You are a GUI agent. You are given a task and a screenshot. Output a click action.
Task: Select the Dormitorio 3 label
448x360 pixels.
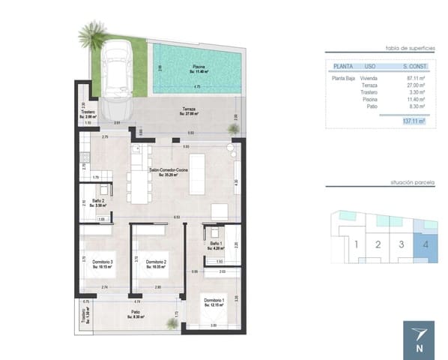pos(102,262)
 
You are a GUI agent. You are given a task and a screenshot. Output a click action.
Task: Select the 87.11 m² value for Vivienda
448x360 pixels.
pos(414,78)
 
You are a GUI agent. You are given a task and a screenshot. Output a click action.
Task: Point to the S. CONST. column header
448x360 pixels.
pos(412,66)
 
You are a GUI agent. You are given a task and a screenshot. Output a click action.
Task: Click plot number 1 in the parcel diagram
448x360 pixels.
pos(357,244)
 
